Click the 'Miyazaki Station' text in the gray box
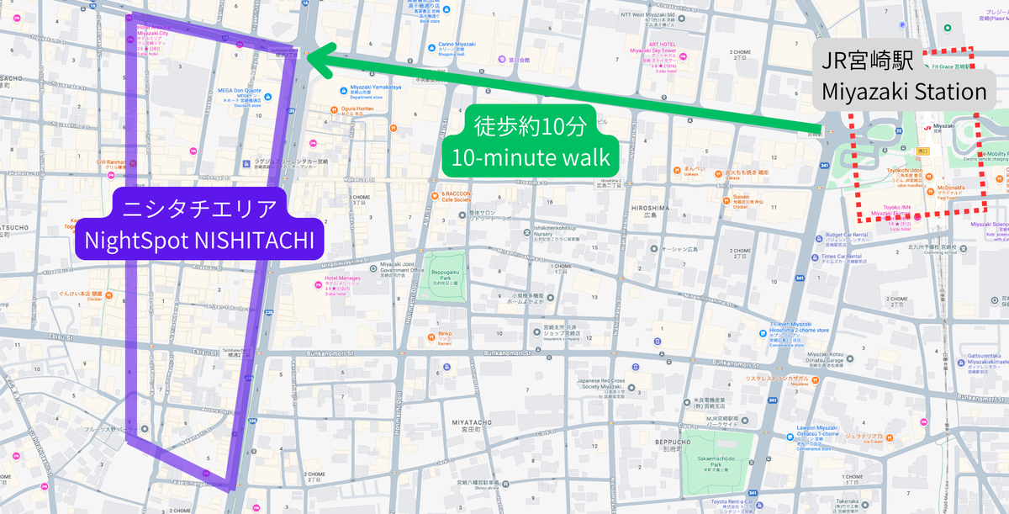pyautogui.click(x=903, y=92)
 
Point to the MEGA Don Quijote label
pyautogui.click(x=240, y=91)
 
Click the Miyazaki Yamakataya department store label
pyautogui.click(x=376, y=87)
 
